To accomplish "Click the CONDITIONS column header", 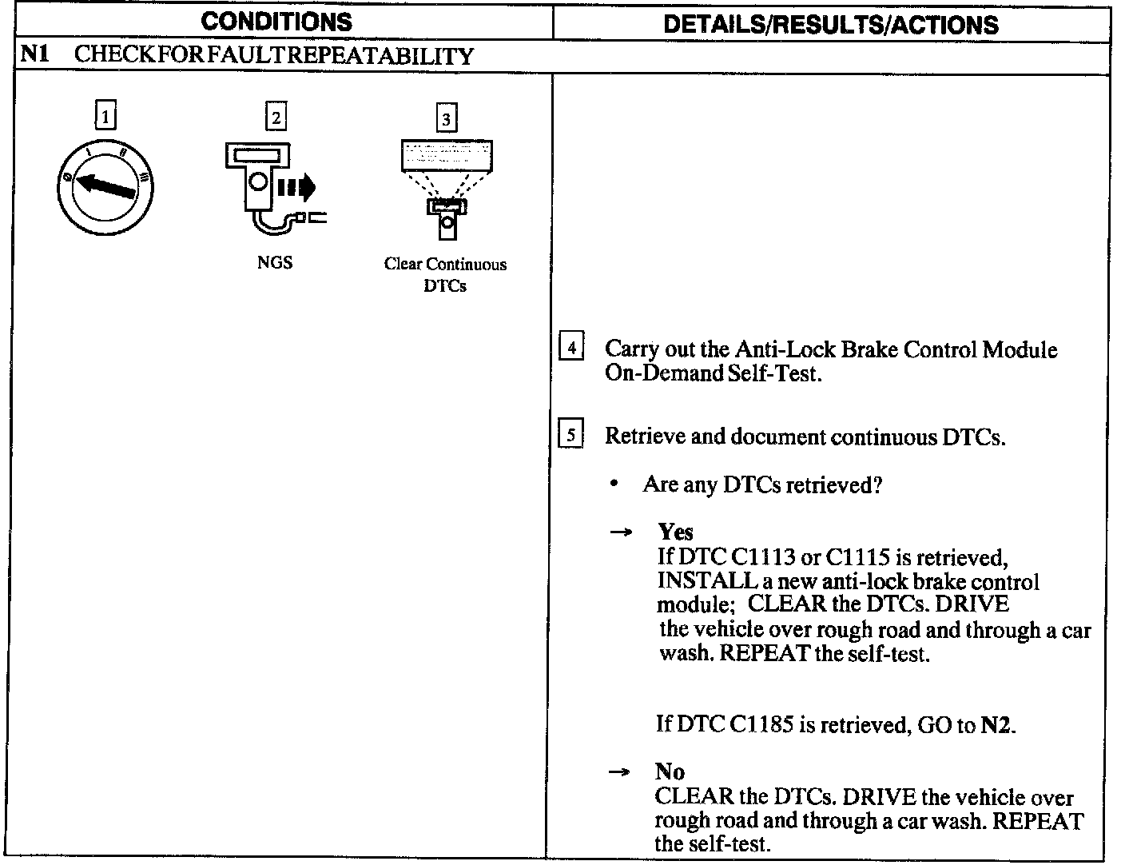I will [x=276, y=22].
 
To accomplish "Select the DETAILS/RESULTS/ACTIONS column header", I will [x=831, y=24].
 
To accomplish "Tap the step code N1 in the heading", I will [x=34, y=55].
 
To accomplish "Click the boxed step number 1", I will [x=105, y=118].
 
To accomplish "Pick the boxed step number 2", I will [x=275, y=118].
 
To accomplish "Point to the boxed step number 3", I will [x=445, y=119].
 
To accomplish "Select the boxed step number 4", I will [x=570, y=348].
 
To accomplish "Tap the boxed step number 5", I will [x=570, y=435].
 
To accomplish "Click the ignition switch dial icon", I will [x=105, y=189].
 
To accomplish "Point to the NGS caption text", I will [x=275, y=262].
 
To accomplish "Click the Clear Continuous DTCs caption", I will [x=445, y=274].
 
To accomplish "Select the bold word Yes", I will [x=675, y=532].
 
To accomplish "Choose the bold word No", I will [x=670, y=771].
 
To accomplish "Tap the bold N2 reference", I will [x=996, y=725].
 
